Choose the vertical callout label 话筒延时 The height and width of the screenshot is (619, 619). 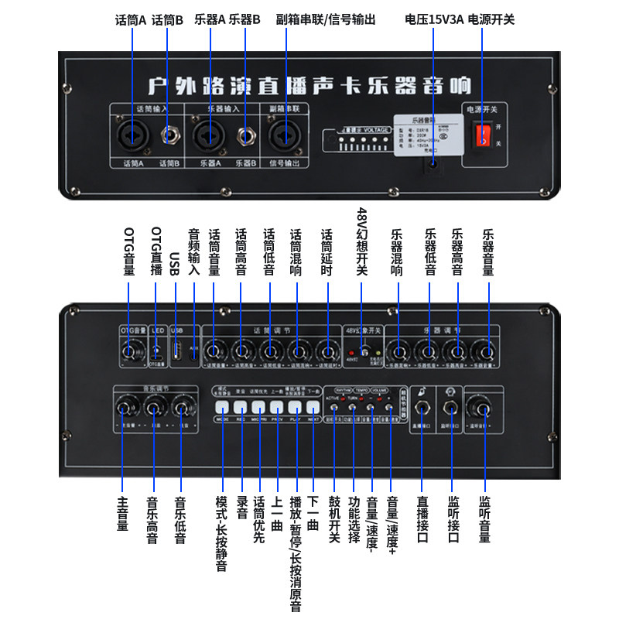[327, 252]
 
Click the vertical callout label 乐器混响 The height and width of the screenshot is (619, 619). [398, 252]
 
